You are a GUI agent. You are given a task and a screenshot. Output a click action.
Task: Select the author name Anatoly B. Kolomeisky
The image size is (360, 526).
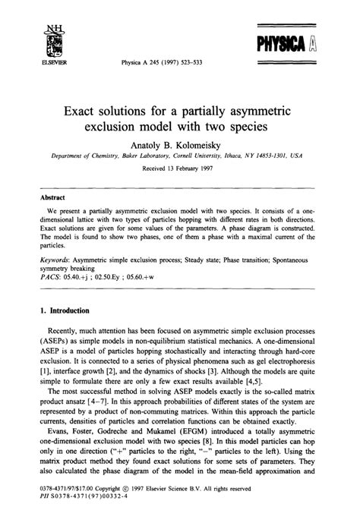[x=180, y=143]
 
